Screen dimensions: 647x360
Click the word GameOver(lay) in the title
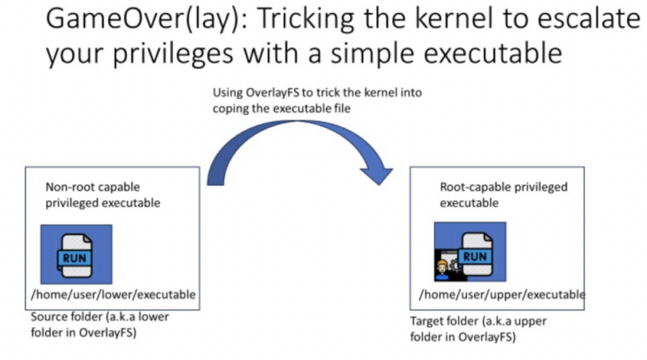[x=142, y=19]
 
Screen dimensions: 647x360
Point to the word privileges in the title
[x=173, y=53]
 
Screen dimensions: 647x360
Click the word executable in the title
[x=493, y=53]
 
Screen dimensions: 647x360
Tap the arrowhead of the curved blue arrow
[x=376, y=175]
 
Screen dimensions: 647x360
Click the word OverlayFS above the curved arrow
[x=273, y=92]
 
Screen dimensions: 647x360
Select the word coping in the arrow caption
[x=228, y=109]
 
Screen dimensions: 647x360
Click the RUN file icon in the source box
[x=76, y=254]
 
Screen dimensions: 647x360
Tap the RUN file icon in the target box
[x=475, y=253]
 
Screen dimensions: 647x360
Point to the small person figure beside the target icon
[x=442, y=270]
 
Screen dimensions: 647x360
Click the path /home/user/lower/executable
[x=113, y=294]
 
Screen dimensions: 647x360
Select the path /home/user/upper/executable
[x=502, y=294]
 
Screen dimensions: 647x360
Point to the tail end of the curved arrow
[x=215, y=184]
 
